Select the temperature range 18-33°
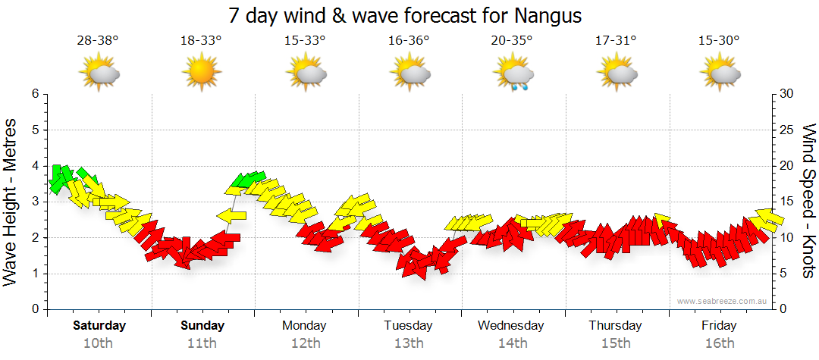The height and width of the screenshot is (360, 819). (201, 41)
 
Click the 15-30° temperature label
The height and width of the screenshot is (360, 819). (719, 41)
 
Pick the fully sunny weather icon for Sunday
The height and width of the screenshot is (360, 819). (201, 74)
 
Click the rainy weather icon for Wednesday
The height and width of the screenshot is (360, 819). (513, 75)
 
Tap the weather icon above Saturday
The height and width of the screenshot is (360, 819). (99, 74)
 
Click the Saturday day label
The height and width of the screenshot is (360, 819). (99, 326)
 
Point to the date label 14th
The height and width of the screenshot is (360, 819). (513, 343)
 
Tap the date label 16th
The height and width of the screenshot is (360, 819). (720, 343)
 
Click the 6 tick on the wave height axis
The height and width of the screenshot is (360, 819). (35, 94)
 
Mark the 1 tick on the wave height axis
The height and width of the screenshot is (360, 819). (35, 274)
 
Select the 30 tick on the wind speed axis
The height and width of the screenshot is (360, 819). (787, 94)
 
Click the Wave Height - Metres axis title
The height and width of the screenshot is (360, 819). (11, 202)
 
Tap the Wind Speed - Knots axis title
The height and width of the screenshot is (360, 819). (808, 202)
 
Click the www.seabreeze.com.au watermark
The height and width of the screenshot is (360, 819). (723, 302)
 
